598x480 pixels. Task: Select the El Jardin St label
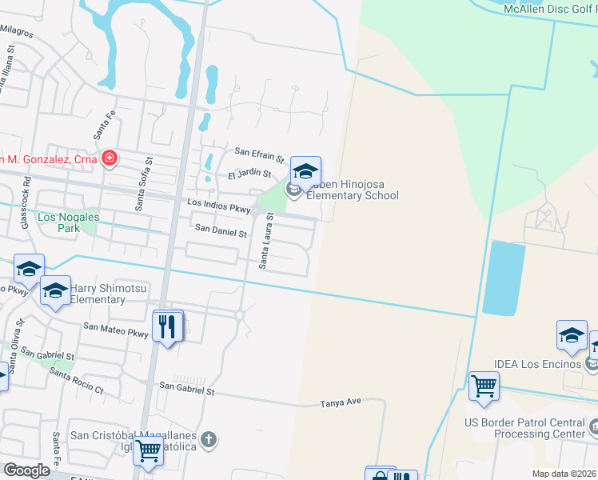249,174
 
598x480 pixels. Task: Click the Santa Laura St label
264,240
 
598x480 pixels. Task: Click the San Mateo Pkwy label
116,329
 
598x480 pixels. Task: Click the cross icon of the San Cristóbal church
209,438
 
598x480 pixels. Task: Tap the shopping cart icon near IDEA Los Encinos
484,387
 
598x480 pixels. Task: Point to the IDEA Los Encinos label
544,365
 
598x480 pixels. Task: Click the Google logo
27,470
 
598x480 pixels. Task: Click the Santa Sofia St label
142,184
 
